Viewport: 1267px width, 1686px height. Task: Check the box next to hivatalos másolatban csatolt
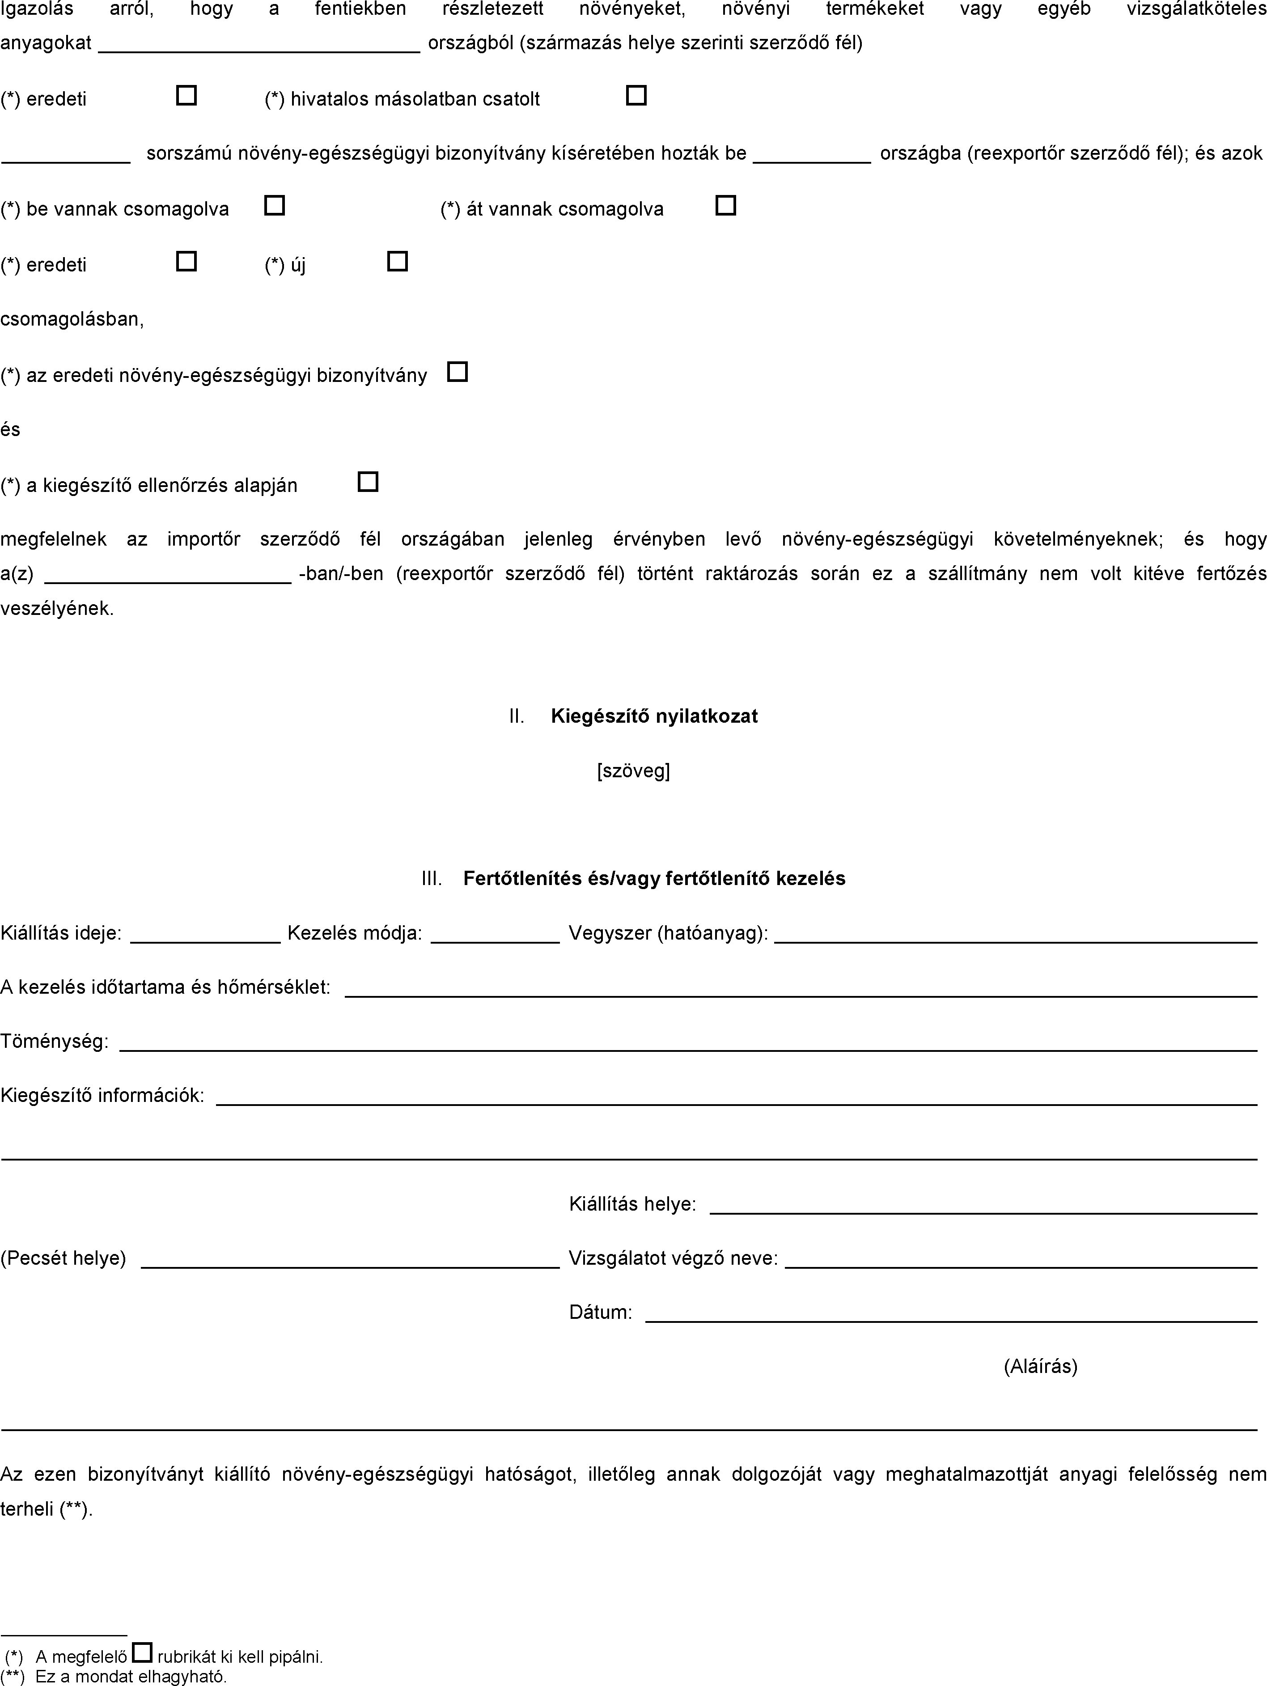(x=636, y=95)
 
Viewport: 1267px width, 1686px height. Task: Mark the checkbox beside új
(x=397, y=262)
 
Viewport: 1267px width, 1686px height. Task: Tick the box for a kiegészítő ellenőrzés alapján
(x=368, y=482)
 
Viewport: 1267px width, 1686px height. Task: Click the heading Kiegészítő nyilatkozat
(x=654, y=716)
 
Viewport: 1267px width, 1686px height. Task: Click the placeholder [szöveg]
(x=633, y=771)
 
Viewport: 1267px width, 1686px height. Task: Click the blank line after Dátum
(x=951, y=1314)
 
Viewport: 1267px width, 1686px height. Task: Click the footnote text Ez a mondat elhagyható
(x=130, y=1677)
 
